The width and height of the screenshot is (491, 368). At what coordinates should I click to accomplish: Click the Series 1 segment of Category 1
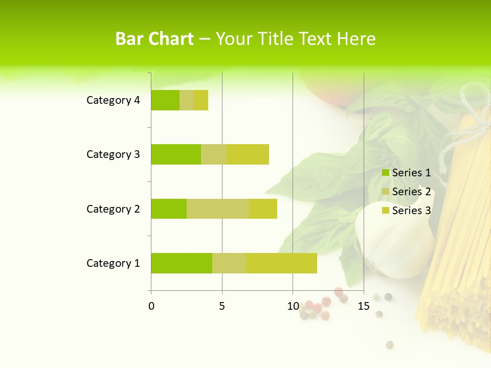coord(182,263)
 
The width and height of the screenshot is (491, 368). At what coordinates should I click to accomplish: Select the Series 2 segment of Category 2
coord(218,209)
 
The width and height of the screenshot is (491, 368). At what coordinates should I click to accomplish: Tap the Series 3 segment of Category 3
coord(248,154)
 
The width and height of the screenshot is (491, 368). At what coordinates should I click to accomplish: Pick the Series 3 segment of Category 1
coord(282,263)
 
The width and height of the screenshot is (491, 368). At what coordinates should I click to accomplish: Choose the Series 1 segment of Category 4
coord(165,100)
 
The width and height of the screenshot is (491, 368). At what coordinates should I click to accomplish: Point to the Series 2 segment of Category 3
coord(214,154)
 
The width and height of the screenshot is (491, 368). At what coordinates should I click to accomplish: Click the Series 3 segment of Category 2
coord(263,209)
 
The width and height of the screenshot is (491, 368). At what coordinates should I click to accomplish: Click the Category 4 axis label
coord(113,100)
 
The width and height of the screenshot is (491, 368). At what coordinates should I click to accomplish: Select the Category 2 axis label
coord(113,209)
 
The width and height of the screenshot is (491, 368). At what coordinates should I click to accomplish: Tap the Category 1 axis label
coord(113,263)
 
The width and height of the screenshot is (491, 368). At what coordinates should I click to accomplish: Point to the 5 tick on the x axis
coord(222,306)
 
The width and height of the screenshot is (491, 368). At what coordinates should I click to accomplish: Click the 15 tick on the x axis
coord(364,306)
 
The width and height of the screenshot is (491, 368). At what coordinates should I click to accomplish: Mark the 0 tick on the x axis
coord(151,306)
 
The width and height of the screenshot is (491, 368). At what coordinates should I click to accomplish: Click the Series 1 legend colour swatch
coord(386,173)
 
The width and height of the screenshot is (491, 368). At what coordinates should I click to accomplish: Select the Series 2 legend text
coord(411,192)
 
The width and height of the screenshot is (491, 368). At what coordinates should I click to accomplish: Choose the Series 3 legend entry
coord(407,211)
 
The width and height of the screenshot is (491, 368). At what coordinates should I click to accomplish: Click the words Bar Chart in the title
coord(154,39)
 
